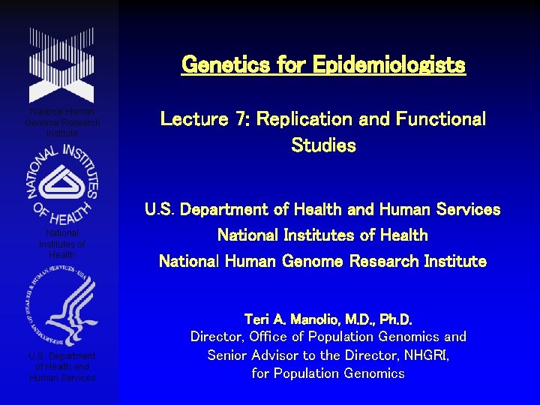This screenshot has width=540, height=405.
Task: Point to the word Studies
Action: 323,145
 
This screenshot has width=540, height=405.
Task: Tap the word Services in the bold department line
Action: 466,210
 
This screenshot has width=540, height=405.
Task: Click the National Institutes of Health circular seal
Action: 62,184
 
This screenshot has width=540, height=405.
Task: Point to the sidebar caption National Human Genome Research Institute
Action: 62,122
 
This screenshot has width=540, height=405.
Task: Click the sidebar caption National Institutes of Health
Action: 62,244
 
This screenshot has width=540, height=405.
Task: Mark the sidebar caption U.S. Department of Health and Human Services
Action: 62,367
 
